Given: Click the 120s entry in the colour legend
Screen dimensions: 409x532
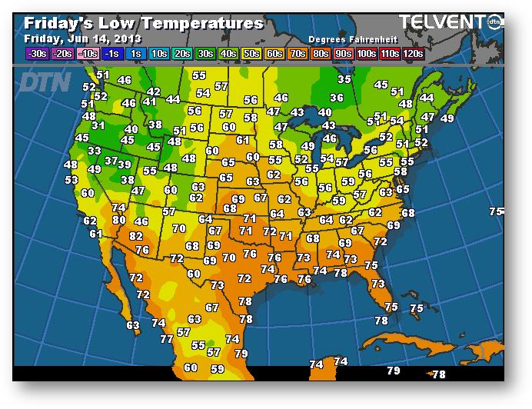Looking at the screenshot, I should (413, 53).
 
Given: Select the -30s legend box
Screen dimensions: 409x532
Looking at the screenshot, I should (36, 53).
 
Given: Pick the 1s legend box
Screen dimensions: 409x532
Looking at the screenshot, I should (136, 53).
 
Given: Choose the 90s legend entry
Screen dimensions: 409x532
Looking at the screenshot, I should (343, 53).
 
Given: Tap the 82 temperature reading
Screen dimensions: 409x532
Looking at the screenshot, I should (136, 236).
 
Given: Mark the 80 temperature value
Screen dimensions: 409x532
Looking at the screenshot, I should (118, 220).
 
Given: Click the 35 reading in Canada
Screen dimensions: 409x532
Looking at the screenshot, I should (344, 79).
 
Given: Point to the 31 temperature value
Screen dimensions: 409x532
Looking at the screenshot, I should (98, 125).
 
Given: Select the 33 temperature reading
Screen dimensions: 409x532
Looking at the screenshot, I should (94, 151).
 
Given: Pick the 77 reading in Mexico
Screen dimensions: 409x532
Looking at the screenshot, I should (167, 338).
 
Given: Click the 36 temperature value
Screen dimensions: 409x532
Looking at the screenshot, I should (337, 98).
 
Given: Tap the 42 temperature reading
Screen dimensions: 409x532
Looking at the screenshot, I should (153, 92).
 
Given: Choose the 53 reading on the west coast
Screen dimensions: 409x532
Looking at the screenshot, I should (71, 179).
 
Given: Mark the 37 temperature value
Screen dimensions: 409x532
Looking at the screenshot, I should (111, 161).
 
